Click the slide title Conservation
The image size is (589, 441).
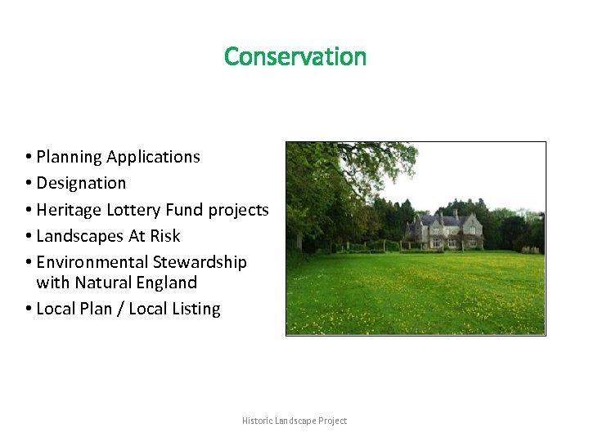coord(295,56)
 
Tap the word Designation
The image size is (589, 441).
coord(81,183)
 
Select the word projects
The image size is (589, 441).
coord(238,210)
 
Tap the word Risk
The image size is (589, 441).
coord(165,236)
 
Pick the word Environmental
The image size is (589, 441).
coord(92,262)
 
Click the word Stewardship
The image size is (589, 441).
coord(200,262)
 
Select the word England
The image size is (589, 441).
coord(168,283)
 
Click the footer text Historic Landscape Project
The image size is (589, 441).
coord(294,421)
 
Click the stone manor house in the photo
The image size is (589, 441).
coord(446,230)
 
